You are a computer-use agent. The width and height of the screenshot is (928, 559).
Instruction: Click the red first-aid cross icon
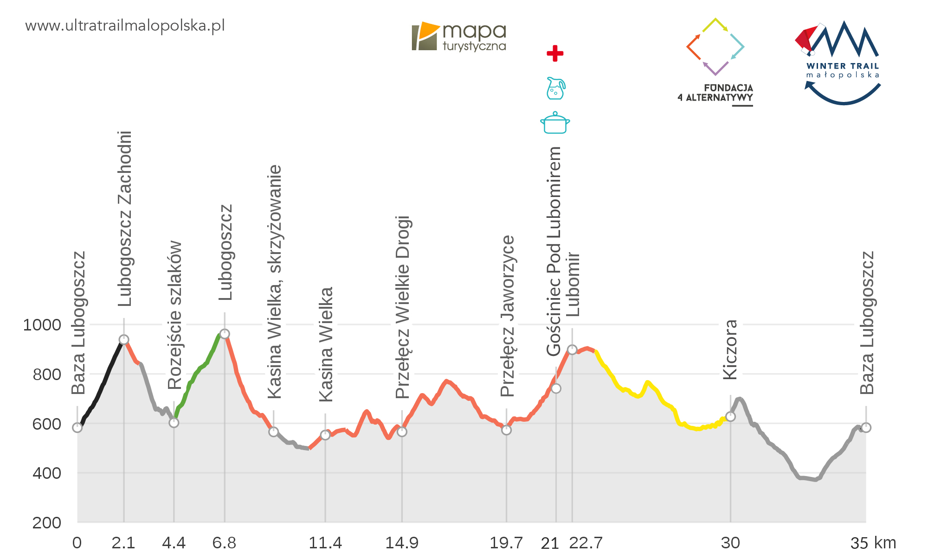point(555,53)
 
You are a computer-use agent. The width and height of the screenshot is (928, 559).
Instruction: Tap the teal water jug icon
point(555,88)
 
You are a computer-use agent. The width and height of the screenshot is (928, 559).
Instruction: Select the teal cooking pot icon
point(555,123)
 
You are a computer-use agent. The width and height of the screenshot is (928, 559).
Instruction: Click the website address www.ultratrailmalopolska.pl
point(125,25)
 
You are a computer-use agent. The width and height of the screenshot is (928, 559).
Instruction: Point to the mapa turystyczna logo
point(458,36)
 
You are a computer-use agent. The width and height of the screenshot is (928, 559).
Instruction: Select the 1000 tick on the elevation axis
point(42,325)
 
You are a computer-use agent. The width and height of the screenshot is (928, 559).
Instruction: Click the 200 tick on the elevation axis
point(47,523)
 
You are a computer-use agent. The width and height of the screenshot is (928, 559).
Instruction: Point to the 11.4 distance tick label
point(325,543)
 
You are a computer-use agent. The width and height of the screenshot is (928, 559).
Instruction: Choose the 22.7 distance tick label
point(586,543)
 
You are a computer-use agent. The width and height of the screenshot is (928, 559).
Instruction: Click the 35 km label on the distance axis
point(873,543)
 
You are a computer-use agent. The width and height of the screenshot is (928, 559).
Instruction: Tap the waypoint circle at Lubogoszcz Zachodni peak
point(124,340)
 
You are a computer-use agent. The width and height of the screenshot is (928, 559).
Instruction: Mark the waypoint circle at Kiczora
point(730,417)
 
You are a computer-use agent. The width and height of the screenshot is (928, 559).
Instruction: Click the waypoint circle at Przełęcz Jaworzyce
point(506,430)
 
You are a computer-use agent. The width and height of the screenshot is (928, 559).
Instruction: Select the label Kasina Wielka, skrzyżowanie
point(275,281)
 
